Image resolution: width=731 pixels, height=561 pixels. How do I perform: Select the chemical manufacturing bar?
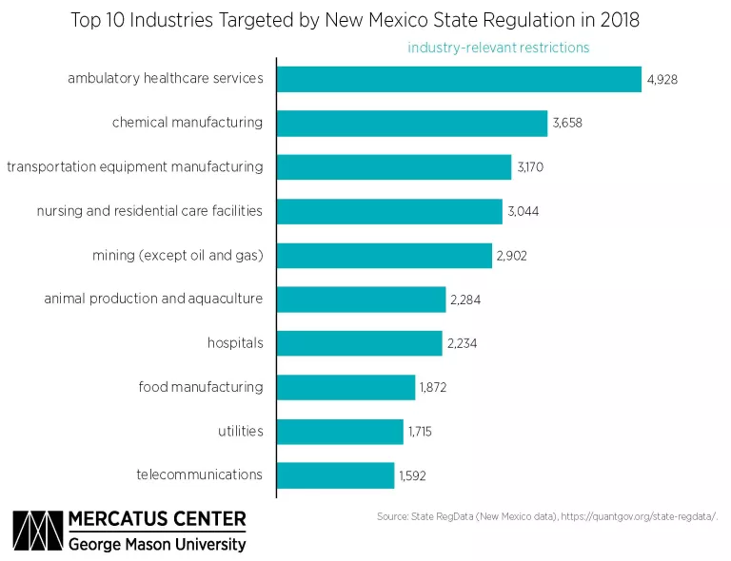(412, 124)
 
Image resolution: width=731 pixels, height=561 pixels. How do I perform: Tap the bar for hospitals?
(361, 343)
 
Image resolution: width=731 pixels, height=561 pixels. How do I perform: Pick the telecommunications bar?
(335, 475)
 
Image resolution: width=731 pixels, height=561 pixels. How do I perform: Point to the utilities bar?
(340, 432)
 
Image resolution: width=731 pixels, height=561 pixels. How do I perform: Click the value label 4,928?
(664, 80)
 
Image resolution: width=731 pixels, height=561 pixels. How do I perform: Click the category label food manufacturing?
(200, 387)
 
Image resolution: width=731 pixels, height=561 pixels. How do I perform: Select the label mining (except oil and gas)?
(177, 255)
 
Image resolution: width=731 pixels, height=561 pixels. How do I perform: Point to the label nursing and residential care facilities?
(149, 211)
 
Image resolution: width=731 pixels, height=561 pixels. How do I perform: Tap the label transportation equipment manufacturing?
(134, 167)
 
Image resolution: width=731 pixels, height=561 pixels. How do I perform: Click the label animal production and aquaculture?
(153, 300)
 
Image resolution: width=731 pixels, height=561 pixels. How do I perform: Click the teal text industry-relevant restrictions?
(499, 48)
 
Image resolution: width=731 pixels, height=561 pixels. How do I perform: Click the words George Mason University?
(157, 545)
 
